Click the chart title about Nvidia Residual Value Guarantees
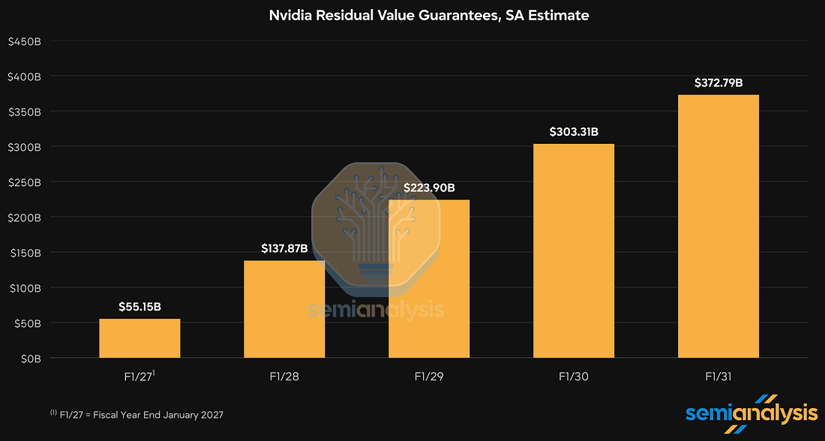[x=429, y=15]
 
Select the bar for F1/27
[x=140, y=338]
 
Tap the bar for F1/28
[x=284, y=310]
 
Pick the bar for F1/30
[x=574, y=251]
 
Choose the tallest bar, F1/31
[x=718, y=226]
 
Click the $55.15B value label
[x=140, y=306]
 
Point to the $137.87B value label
[x=284, y=247]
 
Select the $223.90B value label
[x=429, y=187]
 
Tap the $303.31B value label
[x=574, y=131]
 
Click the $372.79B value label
[x=718, y=82]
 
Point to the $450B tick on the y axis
[x=24, y=41]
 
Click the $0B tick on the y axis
[x=31, y=358]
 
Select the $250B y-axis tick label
[x=24, y=182]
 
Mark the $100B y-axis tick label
[x=25, y=288]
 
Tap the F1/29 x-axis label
[x=429, y=376]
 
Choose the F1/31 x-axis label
[x=718, y=376]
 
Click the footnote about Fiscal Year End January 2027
[x=136, y=415]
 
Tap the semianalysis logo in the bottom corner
[x=751, y=413]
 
